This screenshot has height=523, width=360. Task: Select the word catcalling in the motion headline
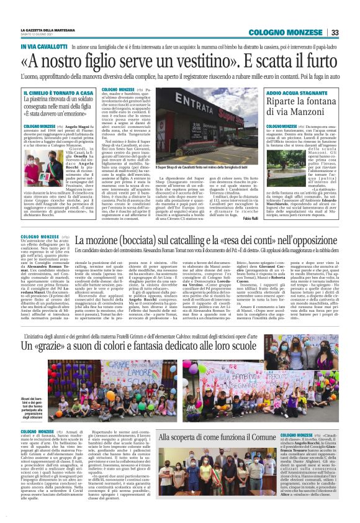pos(164,240)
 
